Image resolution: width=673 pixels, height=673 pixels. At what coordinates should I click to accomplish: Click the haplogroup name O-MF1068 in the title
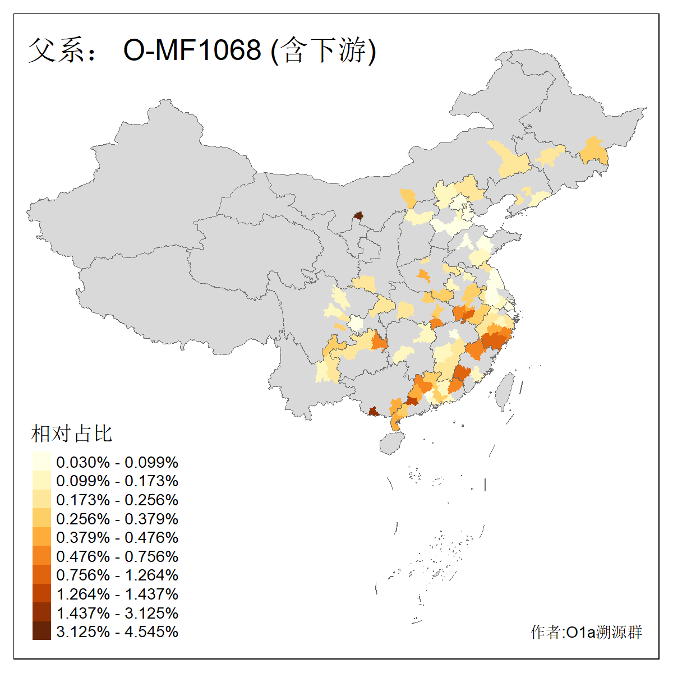(x=192, y=50)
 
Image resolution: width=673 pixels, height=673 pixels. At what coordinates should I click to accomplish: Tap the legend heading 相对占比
(x=72, y=434)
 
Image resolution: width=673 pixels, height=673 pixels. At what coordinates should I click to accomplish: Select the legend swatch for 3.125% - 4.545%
(x=42, y=631)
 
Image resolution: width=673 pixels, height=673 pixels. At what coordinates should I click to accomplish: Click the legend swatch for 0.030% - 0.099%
(x=42, y=462)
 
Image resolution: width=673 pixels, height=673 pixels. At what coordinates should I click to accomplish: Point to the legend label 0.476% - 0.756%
(x=117, y=556)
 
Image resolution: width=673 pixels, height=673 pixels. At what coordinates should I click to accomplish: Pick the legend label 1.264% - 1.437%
(x=117, y=594)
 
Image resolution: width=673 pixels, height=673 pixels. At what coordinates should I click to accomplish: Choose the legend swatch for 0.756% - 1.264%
(x=42, y=575)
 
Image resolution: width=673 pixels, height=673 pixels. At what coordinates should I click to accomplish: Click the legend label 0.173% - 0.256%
(x=117, y=500)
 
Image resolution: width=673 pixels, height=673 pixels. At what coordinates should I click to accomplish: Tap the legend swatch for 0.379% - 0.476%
(x=42, y=537)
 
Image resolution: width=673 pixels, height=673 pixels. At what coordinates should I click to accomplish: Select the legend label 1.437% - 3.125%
(x=117, y=613)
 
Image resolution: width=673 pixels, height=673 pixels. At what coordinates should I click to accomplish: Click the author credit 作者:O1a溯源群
(x=586, y=632)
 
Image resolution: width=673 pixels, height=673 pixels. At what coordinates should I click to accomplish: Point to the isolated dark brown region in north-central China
(x=358, y=215)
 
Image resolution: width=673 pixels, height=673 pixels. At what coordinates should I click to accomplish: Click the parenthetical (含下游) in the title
(x=324, y=50)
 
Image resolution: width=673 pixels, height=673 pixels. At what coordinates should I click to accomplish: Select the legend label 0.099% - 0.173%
(x=117, y=481)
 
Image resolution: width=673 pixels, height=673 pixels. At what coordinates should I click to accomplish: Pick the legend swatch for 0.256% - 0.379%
(x=42, y=518)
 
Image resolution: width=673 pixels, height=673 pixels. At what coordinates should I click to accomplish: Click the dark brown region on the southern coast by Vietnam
(x=373, y=412)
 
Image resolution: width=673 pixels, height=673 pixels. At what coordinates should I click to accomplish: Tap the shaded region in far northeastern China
(x=593, y=150)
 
